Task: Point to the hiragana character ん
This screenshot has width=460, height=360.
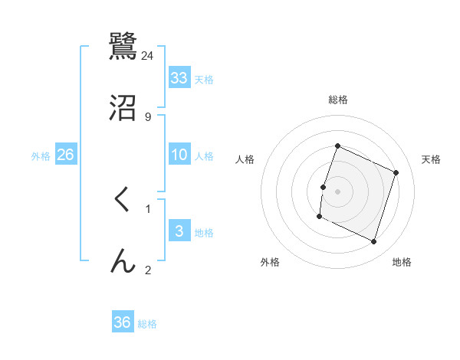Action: coord(122,261)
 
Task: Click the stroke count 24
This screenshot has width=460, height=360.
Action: coord(148,56)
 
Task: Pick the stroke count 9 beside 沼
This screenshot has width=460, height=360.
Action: coord(148,116)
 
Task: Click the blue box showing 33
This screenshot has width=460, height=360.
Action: coord(179,78)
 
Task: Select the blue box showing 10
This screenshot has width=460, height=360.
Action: coord(179,155)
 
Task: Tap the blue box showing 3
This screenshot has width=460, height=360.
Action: coord(179,231)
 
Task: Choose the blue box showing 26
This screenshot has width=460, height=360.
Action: coord(65,155)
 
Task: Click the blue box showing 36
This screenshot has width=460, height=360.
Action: coord(123,322)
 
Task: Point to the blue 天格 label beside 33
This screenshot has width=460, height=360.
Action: coord(204,80)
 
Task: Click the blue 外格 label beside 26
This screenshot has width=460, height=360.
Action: coord(41,156)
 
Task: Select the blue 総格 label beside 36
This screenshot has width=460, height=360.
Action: coord(147,324)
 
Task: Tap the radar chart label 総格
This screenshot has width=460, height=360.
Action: coord(338,100)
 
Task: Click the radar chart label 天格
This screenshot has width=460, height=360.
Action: coord(431,159)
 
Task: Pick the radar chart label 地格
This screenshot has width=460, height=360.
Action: coord(402,262)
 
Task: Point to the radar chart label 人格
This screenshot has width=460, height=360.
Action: coord(245,159)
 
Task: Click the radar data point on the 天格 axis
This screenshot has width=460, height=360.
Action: coord(396,173)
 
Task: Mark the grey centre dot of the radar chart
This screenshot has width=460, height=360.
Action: coord(338,191)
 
